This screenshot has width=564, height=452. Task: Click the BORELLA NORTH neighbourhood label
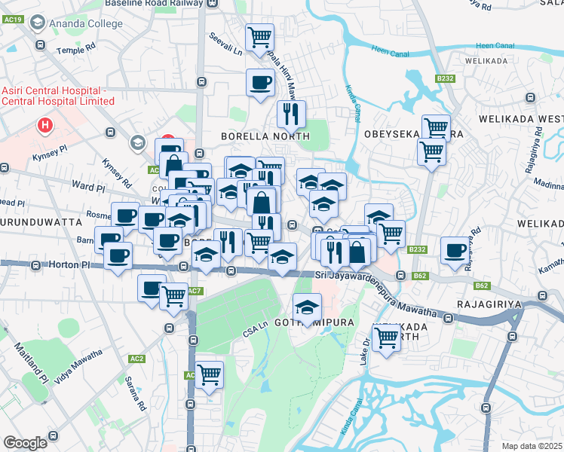coord(265,136)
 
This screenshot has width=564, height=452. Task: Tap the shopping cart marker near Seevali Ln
coord(259,35)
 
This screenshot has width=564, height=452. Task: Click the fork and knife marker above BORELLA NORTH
coord(290,114)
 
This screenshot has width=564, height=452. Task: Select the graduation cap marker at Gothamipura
coord(307,307)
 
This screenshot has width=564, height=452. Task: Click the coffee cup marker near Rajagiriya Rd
coord(455,250)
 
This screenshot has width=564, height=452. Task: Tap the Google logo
coord(26,442)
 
